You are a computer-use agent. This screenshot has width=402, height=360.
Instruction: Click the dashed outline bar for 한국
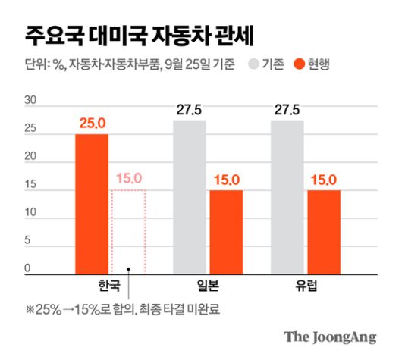(129, 231)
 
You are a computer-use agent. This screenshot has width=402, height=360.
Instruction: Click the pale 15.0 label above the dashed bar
(129, 180)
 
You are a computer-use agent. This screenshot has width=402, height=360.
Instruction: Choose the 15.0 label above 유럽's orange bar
(324, 180)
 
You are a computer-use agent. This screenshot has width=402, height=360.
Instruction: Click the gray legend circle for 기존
(254, 65)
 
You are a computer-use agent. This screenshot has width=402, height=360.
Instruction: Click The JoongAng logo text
(330, 337)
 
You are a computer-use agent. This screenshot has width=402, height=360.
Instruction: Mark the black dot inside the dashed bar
(130, 268)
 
